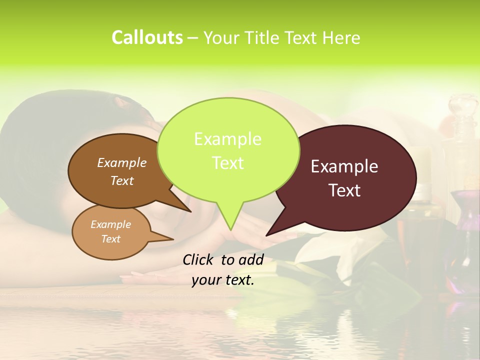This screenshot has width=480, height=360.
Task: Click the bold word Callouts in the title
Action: pos(147,37)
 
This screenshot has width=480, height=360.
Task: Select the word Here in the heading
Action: pos(341,37)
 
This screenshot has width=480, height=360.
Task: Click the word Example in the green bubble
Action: pos(227,139)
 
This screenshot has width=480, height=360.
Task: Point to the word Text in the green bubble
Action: pos(227,162)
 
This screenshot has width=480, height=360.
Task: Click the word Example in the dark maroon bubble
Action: pos(344,166)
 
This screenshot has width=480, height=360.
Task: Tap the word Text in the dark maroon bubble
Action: pos(344,190)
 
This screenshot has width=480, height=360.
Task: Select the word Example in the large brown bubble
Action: pos(121,162)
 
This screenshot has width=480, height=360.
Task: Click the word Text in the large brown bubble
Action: pos(121,180)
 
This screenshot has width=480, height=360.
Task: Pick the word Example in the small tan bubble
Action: pos(110,224)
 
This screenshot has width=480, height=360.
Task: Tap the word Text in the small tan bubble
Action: pos(110,239)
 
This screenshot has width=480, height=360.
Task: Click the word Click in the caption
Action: pos(199,259)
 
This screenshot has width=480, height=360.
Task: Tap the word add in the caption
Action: pos(251,259)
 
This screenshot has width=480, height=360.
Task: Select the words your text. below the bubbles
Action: pos(222,280)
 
